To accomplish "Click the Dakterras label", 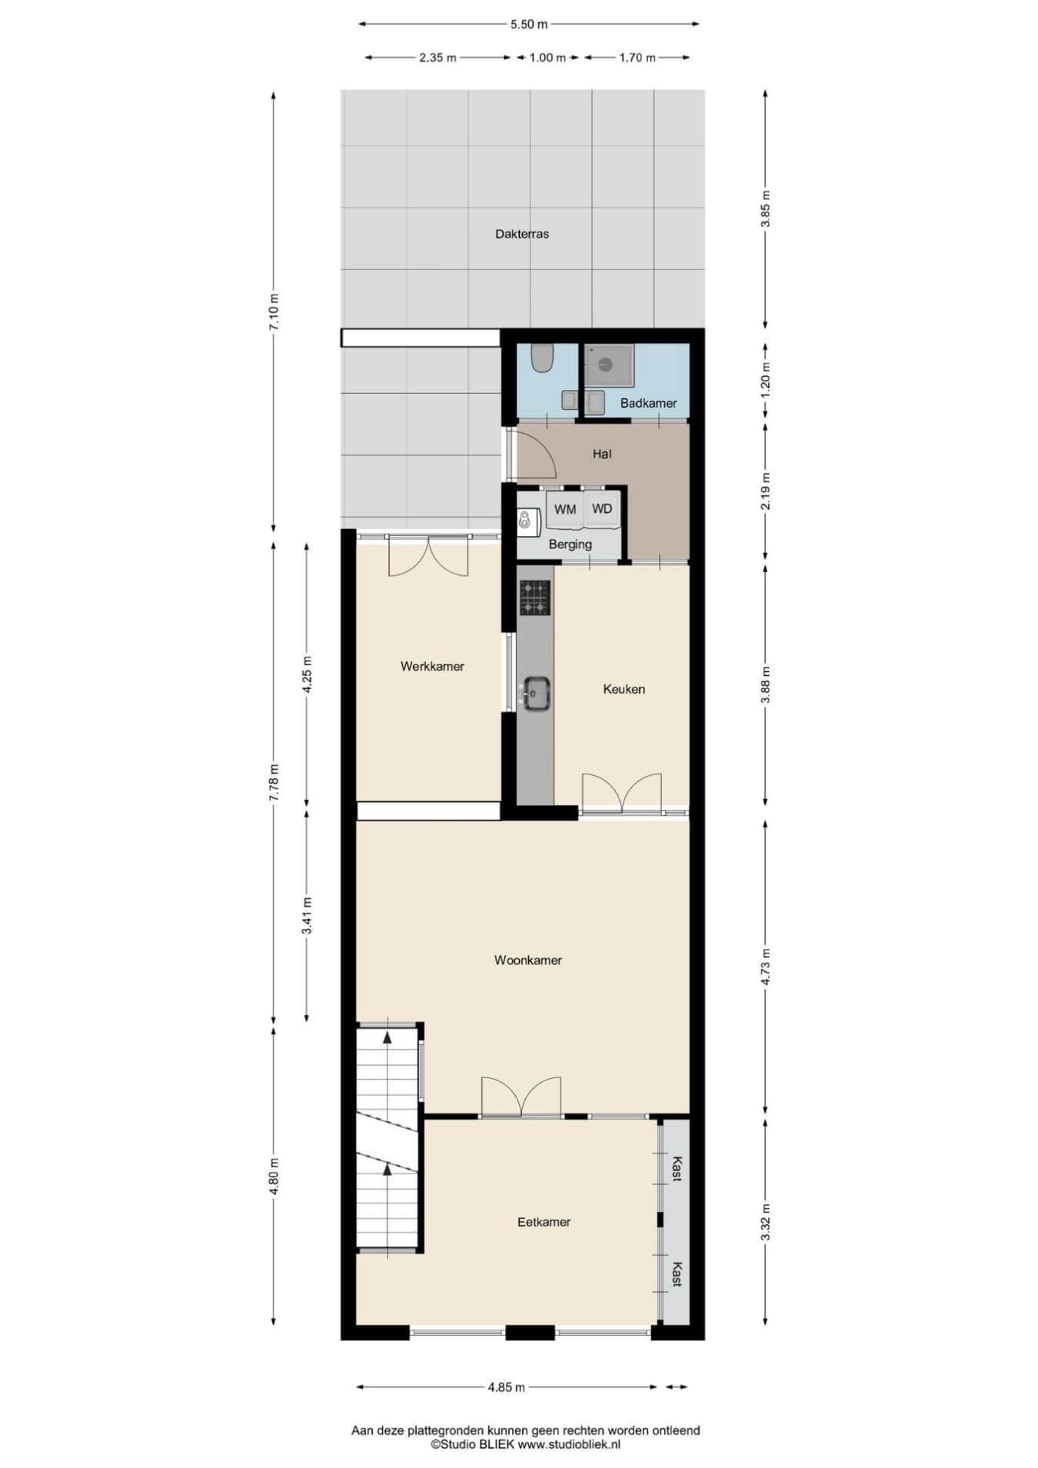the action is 522,234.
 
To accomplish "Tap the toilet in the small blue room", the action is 544,358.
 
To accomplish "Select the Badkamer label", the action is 648,403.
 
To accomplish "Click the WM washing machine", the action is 565,510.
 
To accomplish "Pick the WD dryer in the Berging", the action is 602,510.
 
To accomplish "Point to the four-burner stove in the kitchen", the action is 535,598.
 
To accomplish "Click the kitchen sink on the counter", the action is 536,693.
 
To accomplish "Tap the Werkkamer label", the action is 432,667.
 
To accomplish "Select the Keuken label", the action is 624,689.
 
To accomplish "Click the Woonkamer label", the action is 527,960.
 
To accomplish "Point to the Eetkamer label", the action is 544,1222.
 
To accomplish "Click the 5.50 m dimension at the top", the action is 529,24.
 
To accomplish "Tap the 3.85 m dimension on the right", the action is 765,208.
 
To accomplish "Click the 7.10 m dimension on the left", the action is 274,312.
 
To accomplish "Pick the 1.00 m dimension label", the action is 547,58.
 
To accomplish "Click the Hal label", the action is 602,454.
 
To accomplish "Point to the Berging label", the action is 570,544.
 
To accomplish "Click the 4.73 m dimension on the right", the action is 765,967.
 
